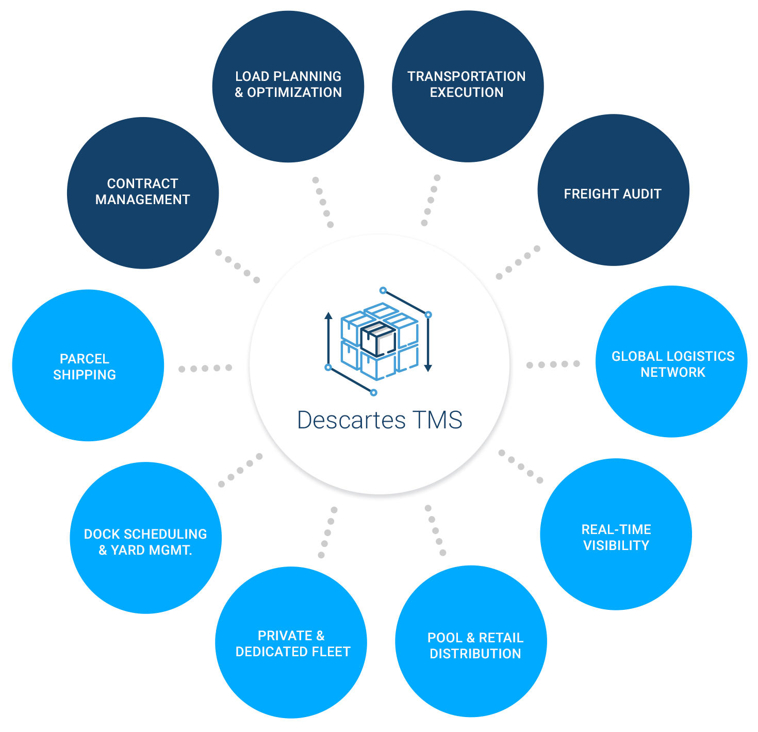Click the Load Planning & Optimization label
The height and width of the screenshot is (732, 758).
288,85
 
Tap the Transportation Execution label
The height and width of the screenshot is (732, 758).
467,85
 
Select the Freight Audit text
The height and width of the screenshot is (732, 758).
612,194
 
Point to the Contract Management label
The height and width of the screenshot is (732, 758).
143,192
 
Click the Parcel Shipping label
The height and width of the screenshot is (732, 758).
85,367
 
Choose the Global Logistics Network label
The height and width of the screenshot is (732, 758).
673,364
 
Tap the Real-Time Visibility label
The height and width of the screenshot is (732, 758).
616,537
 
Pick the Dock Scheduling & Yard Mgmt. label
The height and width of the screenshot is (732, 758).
145,542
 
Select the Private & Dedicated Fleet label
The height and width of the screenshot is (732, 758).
293,644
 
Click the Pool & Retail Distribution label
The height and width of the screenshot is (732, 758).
475,645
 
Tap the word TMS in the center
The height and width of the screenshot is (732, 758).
438,420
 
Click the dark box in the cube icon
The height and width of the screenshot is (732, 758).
378,339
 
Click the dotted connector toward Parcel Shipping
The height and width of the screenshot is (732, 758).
205,368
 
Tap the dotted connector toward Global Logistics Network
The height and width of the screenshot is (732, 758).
553,364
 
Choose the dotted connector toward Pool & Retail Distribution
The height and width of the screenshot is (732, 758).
435,530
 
